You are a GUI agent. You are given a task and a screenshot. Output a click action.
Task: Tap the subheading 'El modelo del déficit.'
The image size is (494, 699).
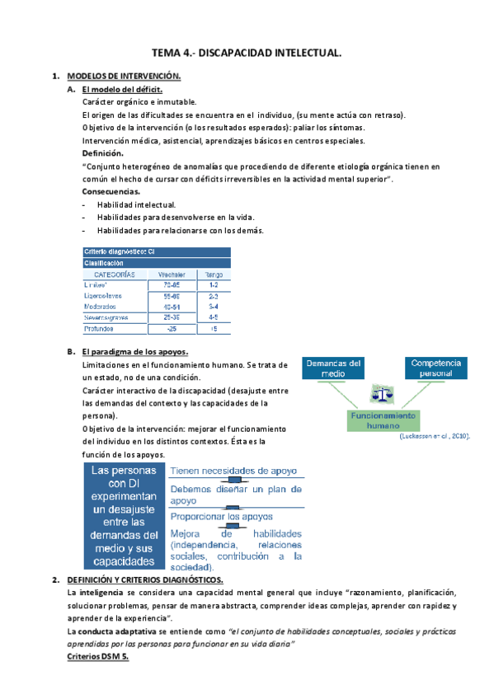pos(121,89)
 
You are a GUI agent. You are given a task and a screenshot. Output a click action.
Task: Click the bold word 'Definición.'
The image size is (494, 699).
pos(103,153)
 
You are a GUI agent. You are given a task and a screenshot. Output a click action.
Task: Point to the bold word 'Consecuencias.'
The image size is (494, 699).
pos(111,191)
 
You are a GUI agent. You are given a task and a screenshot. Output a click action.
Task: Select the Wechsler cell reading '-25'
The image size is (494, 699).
pos(171,329)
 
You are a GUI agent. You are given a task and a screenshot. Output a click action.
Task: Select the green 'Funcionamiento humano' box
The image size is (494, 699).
pos(382,420)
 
